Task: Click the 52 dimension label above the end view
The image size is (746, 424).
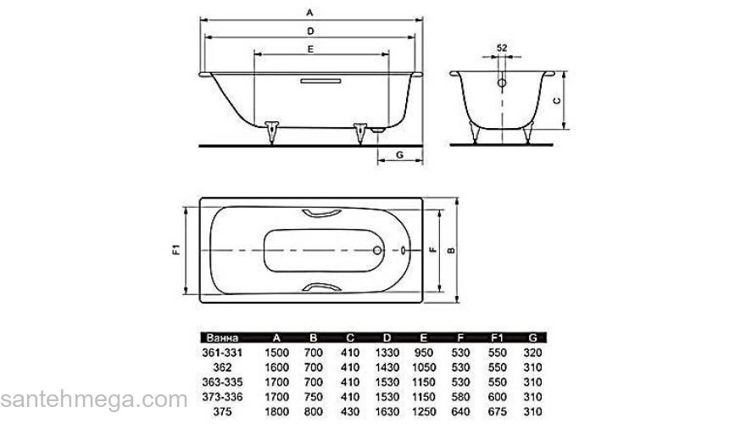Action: [502, 48]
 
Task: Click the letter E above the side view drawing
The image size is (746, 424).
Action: [311, 50]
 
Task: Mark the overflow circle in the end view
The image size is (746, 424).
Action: [502, 84]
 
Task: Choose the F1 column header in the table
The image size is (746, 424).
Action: [497, 338]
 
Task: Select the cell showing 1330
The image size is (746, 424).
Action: [386, 351]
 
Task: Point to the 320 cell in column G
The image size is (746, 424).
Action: [532, 351]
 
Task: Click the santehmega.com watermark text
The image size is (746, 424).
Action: [93, 399]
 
